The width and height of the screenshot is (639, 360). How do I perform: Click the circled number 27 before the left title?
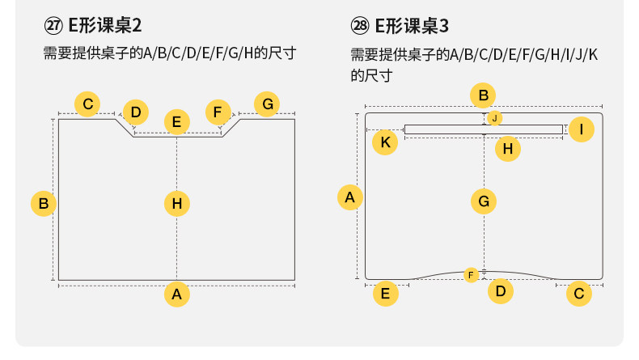[x=53, y=25]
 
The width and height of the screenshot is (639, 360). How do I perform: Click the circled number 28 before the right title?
[x=361, y=25]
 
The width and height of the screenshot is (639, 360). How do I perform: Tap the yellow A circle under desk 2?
[x=177, y=294]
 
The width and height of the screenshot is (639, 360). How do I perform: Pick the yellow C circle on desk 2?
[x=87, y=104]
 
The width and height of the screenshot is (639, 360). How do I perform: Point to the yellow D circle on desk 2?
[x=136, y=112]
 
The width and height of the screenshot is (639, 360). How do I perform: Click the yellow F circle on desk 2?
[x=218, y=112]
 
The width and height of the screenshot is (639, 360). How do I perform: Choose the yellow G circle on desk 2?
[x=267, y=104]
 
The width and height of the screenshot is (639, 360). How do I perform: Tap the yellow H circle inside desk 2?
[x=177, y=203]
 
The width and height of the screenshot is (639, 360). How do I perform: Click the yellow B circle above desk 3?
[x=483, y=96]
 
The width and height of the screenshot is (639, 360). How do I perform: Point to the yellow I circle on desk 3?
[x=582, y=129]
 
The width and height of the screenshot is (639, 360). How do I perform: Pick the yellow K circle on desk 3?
[x=386, y=142]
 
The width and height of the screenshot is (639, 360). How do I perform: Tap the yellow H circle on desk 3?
[x=507, y=148]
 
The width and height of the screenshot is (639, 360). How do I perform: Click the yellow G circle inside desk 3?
[x=483, y=201]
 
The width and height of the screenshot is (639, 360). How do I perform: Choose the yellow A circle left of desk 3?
[x=349, y=197]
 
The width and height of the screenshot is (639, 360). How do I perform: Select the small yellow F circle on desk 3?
[x=472, y=275]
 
